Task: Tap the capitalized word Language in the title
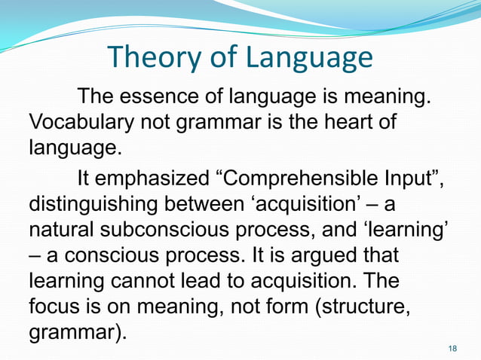pos(307,59)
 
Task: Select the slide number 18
pos(452,348)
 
